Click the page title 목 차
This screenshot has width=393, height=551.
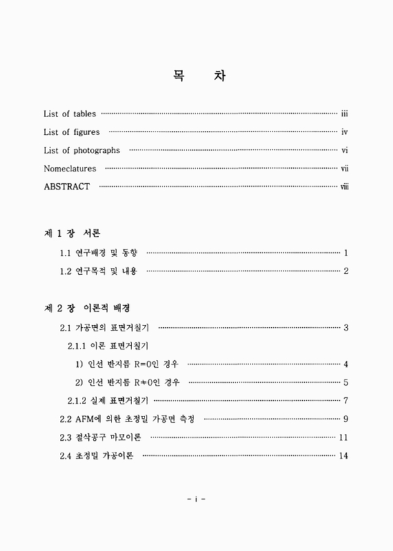pos(196,76)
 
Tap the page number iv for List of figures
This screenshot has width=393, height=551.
pos(345,132)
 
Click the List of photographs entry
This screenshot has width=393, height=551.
pos(81,150)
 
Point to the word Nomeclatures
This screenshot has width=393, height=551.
pos(70,169)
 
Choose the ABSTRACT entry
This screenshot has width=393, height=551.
pos(67,187)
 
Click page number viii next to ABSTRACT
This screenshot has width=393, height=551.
pos(344,187)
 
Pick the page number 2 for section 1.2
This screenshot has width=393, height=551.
pos(346,271)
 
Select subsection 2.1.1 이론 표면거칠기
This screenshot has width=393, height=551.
pos(109,346)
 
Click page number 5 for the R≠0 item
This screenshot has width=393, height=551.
pos(346,383)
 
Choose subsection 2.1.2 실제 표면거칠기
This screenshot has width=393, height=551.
pos(109,401)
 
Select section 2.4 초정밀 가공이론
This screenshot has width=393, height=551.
pos(99,456)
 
